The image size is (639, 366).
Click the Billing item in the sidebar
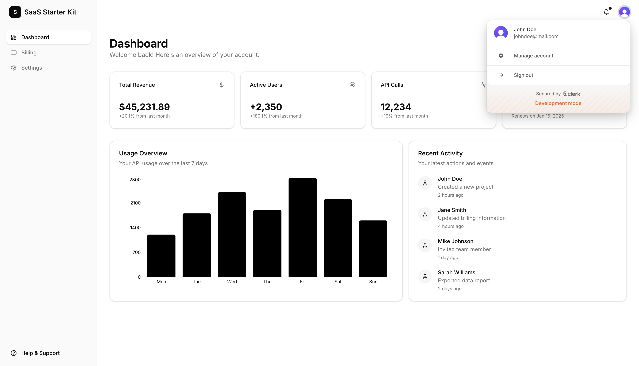[29, 53]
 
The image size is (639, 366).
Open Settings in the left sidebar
[31, 68]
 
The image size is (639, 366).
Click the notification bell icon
[606, 12]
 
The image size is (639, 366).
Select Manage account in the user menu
[533, 56]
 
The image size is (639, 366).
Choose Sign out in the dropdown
[523, 75]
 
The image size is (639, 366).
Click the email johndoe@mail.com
[536, 37]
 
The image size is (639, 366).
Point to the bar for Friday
[303, 227]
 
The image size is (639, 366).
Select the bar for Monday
[161, 255]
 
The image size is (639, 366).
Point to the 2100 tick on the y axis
[135, 203]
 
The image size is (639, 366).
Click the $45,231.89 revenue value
[144, 107]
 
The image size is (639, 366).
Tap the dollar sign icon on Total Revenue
[221, 85]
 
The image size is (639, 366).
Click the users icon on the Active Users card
[352, 85]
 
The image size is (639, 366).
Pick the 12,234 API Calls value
[396, 107]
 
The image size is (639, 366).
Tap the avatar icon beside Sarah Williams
[425, 277]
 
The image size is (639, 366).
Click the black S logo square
[15, 12]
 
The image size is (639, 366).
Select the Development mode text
[558, 103]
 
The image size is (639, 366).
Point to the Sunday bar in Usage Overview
[373, 248]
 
